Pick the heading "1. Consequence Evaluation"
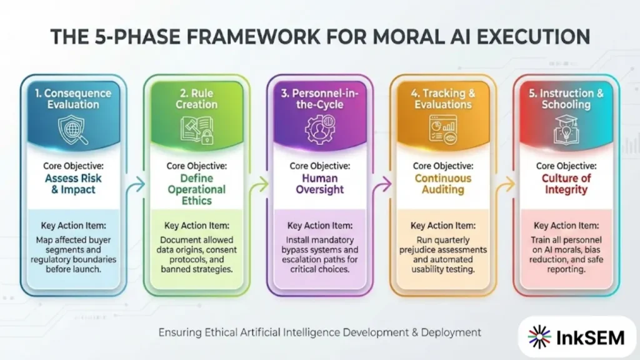(x=74, y=99)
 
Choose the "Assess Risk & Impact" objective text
(x=74, y=184)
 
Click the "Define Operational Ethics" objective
(x=196, y=189)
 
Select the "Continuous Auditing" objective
(x=442, y=184)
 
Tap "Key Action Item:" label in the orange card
(x=442, y=226)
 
